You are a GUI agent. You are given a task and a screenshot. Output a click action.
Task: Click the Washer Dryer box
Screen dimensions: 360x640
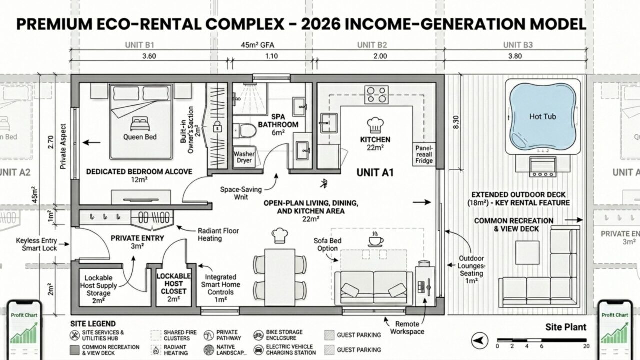244,158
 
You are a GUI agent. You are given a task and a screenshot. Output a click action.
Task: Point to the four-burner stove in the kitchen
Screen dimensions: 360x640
377,94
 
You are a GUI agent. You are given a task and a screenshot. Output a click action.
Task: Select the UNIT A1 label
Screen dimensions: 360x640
375,173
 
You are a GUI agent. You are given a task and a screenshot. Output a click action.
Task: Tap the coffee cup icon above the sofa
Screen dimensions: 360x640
375,240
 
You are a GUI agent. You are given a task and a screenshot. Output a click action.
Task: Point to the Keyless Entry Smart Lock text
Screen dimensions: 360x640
36,244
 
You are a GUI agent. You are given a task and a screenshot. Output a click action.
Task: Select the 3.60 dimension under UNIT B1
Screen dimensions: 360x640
149,56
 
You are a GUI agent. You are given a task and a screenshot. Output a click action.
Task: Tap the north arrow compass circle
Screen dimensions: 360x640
479,341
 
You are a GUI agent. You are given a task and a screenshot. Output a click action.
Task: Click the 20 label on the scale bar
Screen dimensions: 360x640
586,346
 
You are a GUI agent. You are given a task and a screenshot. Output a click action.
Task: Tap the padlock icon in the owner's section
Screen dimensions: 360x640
217,126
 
